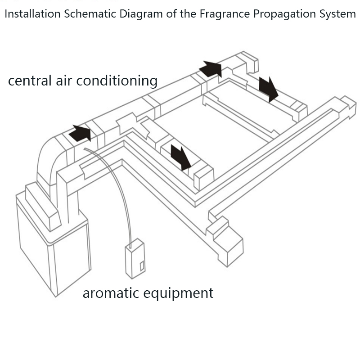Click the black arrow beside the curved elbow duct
coord(80,132)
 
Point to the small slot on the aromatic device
coord(142,266)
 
